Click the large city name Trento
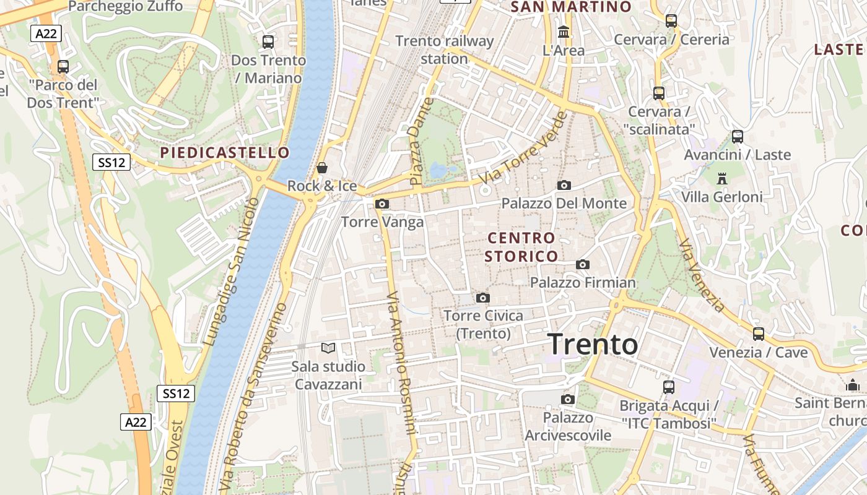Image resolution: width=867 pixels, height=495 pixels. [x=593, y=345]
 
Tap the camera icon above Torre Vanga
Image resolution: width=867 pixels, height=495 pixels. [x=383, y=204]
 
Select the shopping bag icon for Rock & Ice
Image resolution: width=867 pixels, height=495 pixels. [x=322, y=168]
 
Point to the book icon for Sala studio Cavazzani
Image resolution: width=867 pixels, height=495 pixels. [x=328, y=348]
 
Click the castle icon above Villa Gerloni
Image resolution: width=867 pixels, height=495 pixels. [x=721, y=179]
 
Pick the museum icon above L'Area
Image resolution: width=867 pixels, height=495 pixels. [x=564, y=32]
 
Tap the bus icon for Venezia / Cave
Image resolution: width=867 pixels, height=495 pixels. [x=759, y=334]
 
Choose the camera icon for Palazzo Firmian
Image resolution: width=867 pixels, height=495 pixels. [x=583, y=265]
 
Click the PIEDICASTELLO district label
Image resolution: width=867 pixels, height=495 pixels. [x=225, y=152]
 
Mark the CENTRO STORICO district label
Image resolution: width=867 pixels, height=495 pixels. [x=521, y=247]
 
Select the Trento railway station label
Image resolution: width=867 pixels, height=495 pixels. [x=445, y=50]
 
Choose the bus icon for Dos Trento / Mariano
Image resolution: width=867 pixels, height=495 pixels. [x=268, y=42]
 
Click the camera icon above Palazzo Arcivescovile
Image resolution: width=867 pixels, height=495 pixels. [x=568, y=399]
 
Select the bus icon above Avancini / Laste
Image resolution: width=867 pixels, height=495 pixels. [x=738, y=137]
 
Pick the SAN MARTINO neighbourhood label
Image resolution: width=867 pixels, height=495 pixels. [x=571, y=7]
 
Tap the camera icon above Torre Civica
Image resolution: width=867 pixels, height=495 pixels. [x=483, y=298]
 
